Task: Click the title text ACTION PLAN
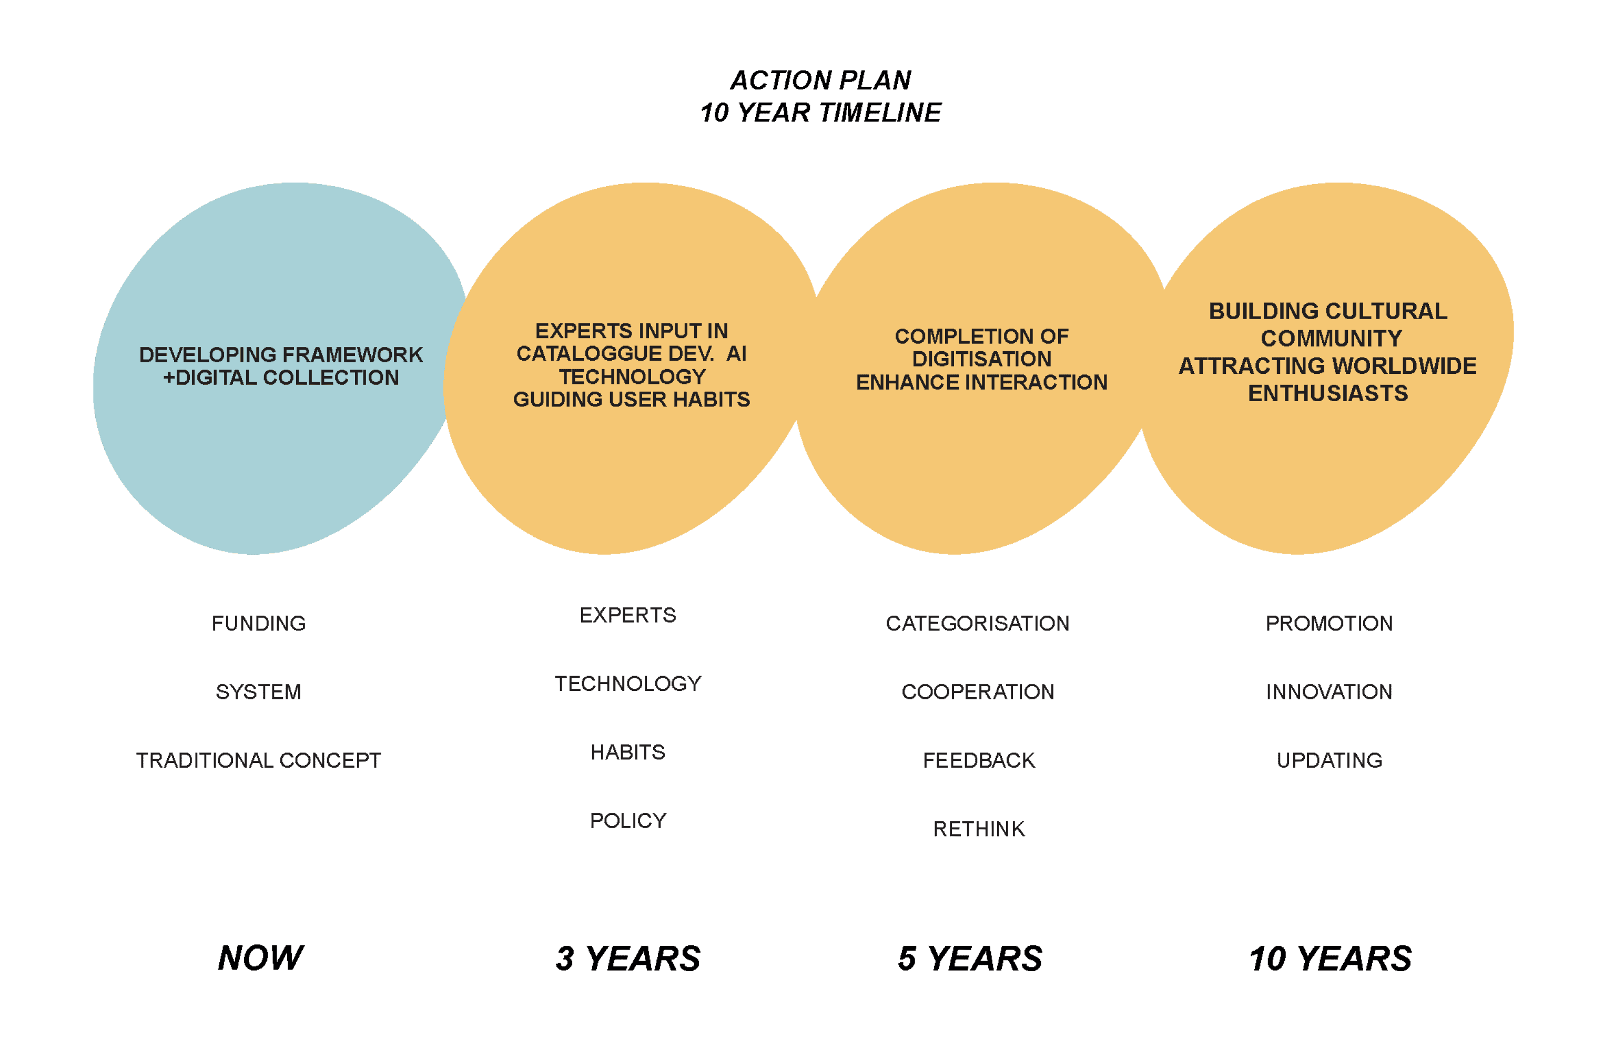(820, 80)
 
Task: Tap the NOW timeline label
(260, 958)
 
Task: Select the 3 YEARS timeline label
(628, 959)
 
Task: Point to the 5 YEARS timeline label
(970, 959)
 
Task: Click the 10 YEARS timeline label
(1330, 959)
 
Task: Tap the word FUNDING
(258, 623)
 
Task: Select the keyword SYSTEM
(258, 691)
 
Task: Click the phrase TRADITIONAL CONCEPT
(258, 760)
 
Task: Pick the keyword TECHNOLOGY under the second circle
(628, 684)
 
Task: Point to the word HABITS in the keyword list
(628, 752)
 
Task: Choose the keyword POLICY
(628, 821)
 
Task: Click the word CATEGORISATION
(978, 623)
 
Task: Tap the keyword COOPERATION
(978, 691)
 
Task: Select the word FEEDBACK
(979, 760)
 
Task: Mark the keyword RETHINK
(979, 829)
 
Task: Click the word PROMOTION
(1329, 623)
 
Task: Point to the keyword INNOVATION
(1329, 691)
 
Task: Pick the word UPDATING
(1329, 760)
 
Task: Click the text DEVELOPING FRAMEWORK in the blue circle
(280, 355)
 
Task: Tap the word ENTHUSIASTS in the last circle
(1328, 393)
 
